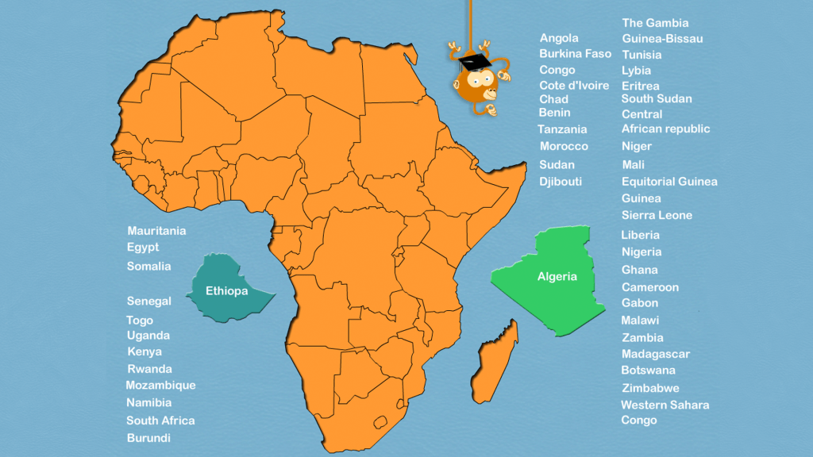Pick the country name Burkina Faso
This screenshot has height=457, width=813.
click(575, 54)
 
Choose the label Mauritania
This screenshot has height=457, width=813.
click(156, 231)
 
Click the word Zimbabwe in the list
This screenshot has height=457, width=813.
click(649, 388)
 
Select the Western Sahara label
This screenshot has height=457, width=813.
click(665, 405)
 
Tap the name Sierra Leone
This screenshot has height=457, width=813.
click(657, 215)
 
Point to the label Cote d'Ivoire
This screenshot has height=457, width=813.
click(574, 86)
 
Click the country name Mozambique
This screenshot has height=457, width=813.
click(160, 386)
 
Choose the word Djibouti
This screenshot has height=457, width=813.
click(561, 182)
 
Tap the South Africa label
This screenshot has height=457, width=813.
click(160, 421)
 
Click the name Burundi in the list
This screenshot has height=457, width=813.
click(148, 438)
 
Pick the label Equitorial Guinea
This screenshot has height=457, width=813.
click(669, 182)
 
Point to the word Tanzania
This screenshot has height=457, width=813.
click(562, 129)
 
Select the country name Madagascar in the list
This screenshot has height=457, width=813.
click(655, 354)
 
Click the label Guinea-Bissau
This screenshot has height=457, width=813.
click(662, 39)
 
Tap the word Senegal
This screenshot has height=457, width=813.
click(148, 301)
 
